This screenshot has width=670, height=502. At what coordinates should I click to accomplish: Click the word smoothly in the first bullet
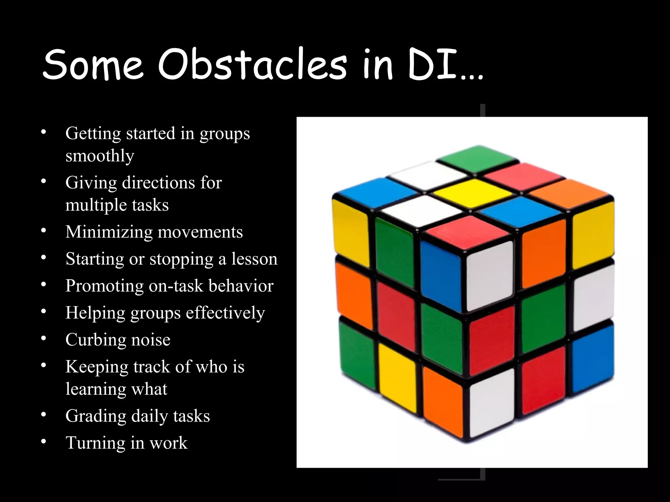(x=100, y=156)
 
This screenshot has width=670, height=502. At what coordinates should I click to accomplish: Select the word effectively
(x=225, y=313)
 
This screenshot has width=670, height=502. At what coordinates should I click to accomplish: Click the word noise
(x=151, y=340)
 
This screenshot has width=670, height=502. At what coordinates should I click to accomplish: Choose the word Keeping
(x=97, y=366)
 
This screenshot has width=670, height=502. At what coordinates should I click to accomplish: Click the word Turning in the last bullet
(x=95, y=443)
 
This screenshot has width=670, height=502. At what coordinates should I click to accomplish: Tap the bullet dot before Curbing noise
(x=44, y=339)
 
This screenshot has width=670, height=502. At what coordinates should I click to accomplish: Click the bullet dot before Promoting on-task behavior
(x=44, y=285)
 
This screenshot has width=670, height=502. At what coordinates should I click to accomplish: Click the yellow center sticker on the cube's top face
(x=473, y=192)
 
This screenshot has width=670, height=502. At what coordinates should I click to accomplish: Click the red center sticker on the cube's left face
(x=396, y=316)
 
